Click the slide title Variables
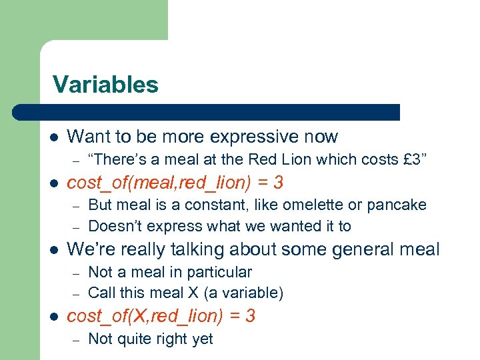tap(105, 85)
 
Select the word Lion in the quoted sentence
tap(290, 159)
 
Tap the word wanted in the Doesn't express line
tap(291, 226)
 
